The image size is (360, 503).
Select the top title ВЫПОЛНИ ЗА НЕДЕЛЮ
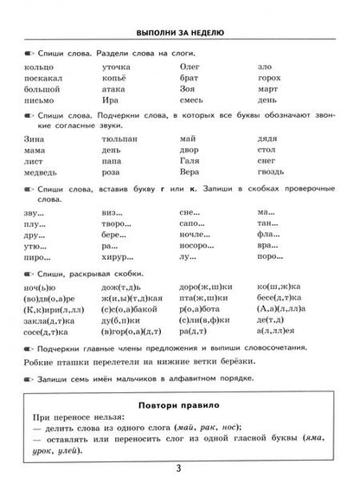180,34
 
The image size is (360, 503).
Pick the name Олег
191,65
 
